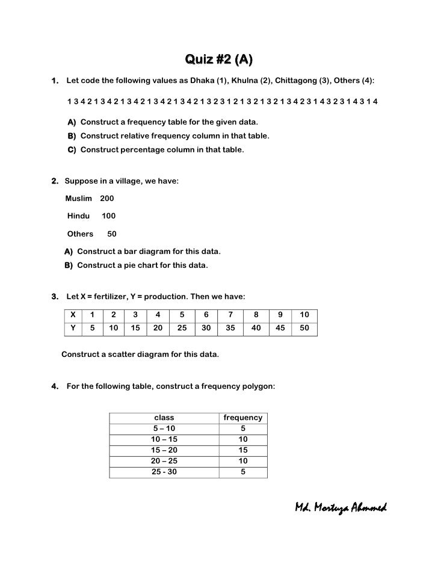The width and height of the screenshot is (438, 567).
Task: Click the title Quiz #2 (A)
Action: point(218,60)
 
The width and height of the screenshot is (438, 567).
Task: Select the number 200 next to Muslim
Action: point(107,198)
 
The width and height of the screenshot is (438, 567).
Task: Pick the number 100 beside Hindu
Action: point(109,215)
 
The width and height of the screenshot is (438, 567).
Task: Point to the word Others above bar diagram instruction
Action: point(80,234)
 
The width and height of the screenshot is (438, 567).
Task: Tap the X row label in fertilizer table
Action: point(73,314)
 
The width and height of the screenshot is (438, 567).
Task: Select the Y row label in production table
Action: point(73,328)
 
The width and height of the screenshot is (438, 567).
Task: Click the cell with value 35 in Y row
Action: point(229,328)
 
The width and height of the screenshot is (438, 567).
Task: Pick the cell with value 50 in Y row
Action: point(304,328)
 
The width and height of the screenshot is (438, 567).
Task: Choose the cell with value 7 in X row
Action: point(229,314)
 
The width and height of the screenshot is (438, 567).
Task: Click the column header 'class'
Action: point(164,417)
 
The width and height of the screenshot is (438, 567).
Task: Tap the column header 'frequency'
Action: point(242,417)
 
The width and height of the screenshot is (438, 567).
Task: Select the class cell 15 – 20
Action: point(164,450)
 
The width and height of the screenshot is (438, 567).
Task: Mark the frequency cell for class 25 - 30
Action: point(242,472)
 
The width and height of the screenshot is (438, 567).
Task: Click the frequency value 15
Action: point(242,450)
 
